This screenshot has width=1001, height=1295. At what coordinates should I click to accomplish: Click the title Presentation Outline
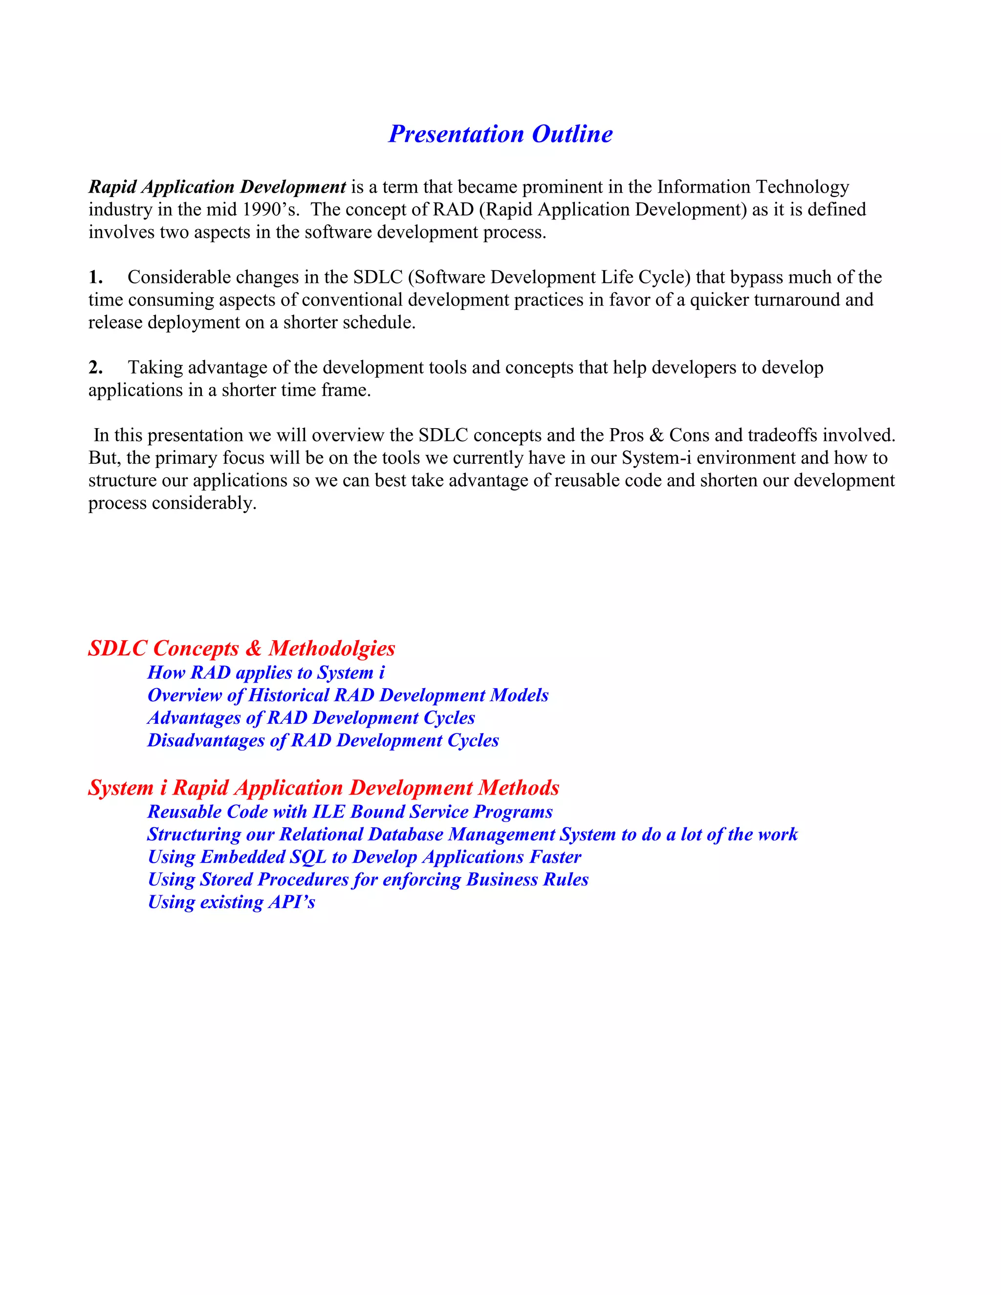[x=500, y=134]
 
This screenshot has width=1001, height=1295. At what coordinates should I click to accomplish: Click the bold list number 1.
[x=95, y=277]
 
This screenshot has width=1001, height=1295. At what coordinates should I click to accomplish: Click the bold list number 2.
[x=95, y=367]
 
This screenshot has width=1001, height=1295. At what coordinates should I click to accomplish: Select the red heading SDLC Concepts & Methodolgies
[x=241, y=648]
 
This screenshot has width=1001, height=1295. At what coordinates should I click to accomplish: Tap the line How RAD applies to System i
[x=266, y=672]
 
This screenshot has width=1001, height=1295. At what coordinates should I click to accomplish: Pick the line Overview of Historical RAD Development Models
[x=348, y=695]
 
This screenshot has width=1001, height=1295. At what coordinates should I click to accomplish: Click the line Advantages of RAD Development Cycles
[x=311, y=717]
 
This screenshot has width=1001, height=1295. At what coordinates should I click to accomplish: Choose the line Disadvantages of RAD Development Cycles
[x=323, y=740]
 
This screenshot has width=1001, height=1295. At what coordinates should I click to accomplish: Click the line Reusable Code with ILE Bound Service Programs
[x=350, y=811]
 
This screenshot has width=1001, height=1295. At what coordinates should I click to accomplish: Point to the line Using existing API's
[x=231, y=902]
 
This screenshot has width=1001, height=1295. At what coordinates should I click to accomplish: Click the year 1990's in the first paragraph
[x=270, y=210]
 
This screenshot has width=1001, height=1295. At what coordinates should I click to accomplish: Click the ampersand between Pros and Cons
[x=656, y=435]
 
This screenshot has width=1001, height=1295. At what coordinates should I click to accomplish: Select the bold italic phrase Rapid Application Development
[x=217, y=187]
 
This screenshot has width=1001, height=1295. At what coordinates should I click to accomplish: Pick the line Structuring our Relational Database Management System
[x=472, y=834]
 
